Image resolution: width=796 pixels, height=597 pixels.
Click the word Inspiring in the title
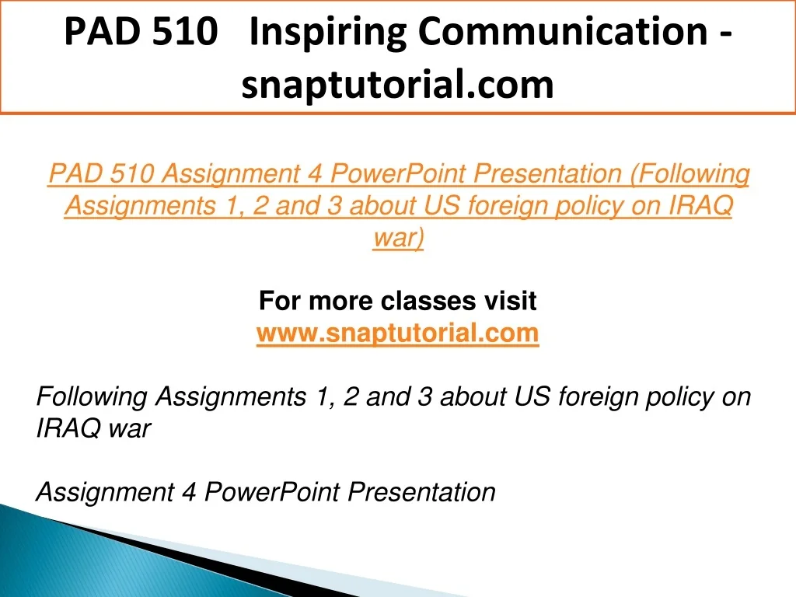[x=328, y=33]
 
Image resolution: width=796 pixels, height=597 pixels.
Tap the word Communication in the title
[x=563, y=31]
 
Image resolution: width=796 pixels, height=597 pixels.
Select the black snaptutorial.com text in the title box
[x=397, y=85]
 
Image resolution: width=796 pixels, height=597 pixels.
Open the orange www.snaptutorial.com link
[x=397, y=333]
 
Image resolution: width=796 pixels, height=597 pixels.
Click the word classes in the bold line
[x=428, y=300]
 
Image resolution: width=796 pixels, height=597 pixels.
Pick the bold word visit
[x=510, y=300]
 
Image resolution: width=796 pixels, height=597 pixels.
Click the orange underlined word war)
[x=399, y=238]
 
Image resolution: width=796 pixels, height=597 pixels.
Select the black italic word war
[x=130, y=429]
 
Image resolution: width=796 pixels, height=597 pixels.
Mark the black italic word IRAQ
[x=68, y=428]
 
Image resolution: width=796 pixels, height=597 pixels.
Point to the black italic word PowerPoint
[x=271, y=492]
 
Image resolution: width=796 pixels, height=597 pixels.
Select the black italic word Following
[x=92, y=397]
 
